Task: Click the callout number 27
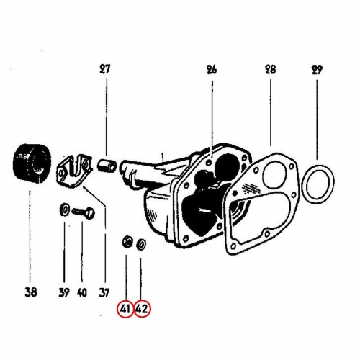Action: [105, 70]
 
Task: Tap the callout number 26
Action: [212, 70]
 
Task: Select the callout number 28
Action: [270, 70]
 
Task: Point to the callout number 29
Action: [316, 70]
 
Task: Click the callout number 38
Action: [31, 292]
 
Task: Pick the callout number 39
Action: [64, 292]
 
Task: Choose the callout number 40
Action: [81, 292]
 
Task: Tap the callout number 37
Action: [104, 292]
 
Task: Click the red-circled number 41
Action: [125, 309]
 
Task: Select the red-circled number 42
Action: [142, 309]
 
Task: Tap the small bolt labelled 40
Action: [84, 212]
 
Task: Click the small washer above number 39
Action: [64, 210]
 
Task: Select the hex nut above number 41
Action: [127, 243]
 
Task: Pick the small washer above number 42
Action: [140, 245]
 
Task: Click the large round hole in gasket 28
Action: [275, 174]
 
